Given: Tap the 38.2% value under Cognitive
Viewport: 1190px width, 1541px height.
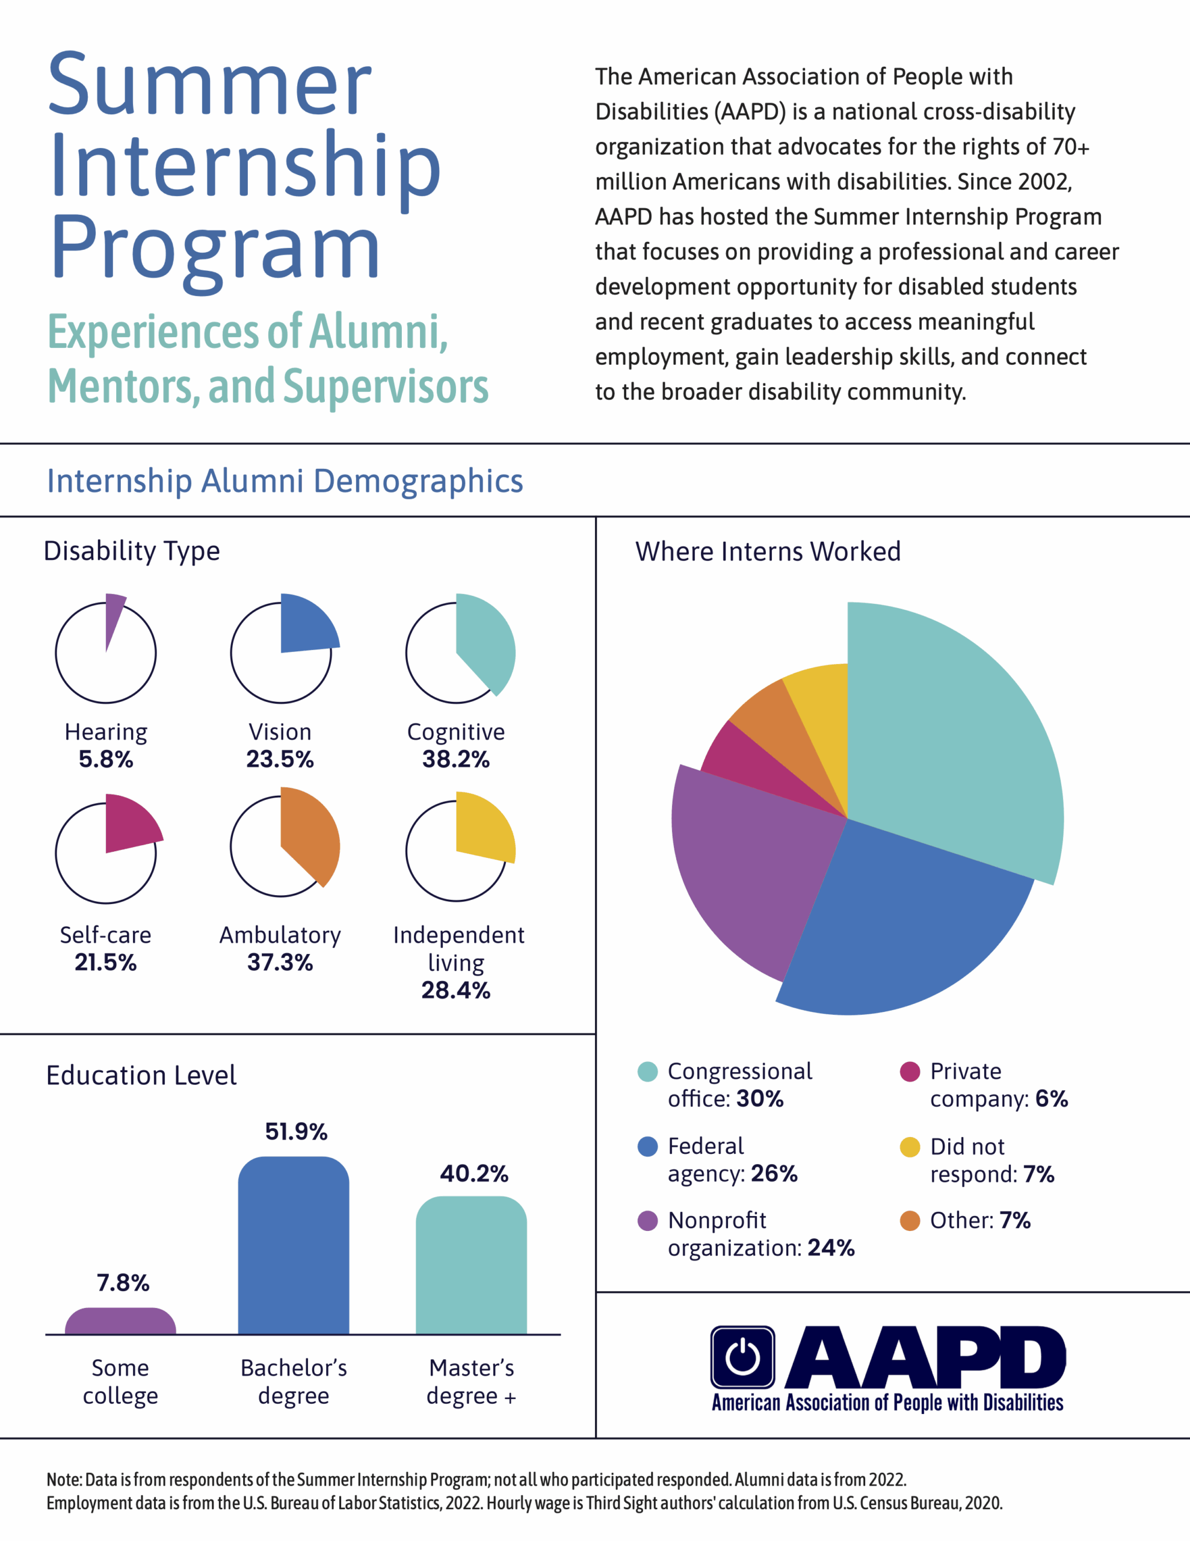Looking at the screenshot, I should pos(455,759).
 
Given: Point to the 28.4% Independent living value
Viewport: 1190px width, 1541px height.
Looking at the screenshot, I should pos(455,990).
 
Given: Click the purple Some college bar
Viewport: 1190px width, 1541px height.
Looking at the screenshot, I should pos(120,1321).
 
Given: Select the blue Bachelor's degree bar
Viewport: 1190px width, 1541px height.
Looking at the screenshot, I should pos(294,1246).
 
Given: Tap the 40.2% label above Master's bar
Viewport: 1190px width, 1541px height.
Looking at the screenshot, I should pos(474,1173).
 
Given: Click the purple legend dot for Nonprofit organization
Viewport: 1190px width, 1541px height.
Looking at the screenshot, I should pos(647,1221).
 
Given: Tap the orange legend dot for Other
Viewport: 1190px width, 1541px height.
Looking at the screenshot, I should pos(910,1221).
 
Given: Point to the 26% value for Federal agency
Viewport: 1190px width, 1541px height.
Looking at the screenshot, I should pos(774,1173).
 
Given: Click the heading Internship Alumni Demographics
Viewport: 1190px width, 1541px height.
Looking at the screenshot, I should pos(285,481).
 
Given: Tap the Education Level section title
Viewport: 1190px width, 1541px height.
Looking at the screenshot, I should pos(141,1075).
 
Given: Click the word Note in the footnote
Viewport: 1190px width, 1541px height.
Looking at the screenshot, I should pos(64,1480).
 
